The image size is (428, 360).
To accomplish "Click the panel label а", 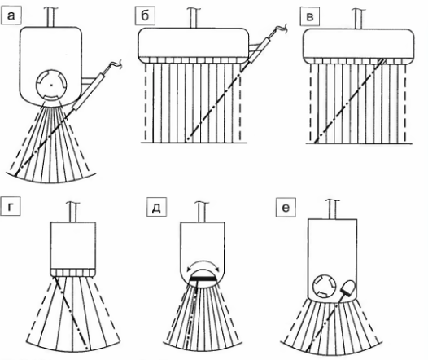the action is (x=11, y=15).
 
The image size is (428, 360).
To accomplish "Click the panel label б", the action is (x=145, y=15).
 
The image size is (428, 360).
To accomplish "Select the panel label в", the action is (x=309, y=16).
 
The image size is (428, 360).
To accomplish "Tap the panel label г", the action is (x=11, y=207).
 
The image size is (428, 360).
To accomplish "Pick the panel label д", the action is (x=156, y=208).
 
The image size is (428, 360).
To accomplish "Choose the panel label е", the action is (x=286, y=208).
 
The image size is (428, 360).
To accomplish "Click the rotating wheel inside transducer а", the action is (x=51, y=85).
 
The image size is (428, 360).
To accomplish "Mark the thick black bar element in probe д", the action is (x=203, y=279).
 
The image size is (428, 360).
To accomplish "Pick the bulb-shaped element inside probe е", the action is (x=348, y=288).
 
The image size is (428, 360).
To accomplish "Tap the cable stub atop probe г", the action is (x=73, y=212).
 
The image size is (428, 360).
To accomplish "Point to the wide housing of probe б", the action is (x=194, y=46).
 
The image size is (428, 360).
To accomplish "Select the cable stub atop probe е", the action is (x=333, y=209).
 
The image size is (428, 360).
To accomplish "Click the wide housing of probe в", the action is (x=359, y=46).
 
